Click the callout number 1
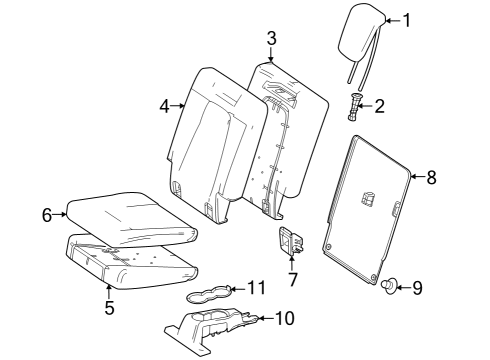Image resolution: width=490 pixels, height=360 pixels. pos(406,20)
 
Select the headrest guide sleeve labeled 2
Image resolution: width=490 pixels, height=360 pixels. pos(355,107)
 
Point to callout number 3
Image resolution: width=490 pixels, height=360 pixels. pos(272,38)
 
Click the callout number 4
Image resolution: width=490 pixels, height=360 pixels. pos(165,107)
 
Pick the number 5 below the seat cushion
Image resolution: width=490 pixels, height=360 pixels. pos(110,308)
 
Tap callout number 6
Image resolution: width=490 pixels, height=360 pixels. pos(47,215)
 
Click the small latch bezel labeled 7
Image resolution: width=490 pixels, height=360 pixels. pos(290,242)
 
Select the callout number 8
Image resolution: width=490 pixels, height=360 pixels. pos(431,177)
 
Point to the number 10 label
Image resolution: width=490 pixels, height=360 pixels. pos(285,318)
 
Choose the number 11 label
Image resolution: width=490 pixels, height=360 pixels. pos(257,288)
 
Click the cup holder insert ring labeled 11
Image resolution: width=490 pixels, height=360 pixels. pos(209,294)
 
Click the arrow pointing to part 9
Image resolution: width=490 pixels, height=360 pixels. pos(403,287)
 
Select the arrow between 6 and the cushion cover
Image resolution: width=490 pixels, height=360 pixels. pos(60,214)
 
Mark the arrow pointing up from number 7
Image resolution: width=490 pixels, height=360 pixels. pos(292,262)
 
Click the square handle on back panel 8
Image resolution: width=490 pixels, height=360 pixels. pos(368,199)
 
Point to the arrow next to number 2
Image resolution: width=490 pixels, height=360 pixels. pos(366,107)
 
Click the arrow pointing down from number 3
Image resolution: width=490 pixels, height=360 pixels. pos(272,54)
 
